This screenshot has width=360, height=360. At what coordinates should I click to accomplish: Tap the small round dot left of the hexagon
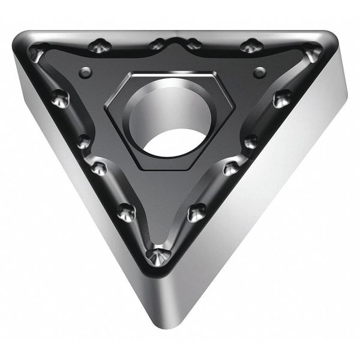pyautogui.click(x=84, y=72)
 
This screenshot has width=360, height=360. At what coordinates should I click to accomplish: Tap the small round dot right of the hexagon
pyautogui.click(x=259, y=73)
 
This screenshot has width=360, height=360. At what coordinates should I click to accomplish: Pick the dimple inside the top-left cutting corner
pyautogui.click(x=38, y=53)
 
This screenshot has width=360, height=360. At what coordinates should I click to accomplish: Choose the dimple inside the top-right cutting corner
pyautogui.click(x=311, y=53)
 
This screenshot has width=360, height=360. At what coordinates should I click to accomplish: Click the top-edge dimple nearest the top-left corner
pyautogui.click(x=99, y=46)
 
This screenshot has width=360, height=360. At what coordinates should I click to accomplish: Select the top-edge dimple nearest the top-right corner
pyautogui.click(x=250, y=46)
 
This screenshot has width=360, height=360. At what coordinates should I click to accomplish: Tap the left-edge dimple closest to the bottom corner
pyautogui.click(x=127, y=211)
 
